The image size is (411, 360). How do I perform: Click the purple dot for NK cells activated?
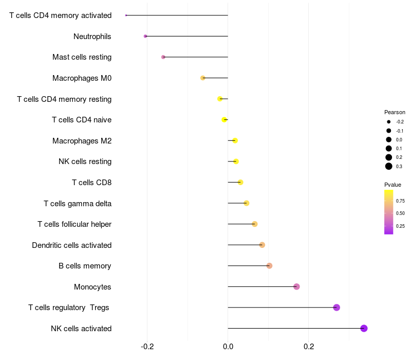(364, 328)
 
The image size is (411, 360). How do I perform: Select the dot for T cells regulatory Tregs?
(337, 308)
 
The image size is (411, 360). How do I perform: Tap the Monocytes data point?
(296, 286)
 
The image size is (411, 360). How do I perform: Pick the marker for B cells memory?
(269, 265)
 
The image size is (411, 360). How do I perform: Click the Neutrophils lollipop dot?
(145, 36)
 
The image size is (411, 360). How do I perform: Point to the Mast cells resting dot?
(163, 57)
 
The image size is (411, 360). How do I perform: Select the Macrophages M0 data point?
(203, 78)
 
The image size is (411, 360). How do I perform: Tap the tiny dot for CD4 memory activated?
(126, 15)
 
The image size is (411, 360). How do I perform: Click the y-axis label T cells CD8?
(91, 182)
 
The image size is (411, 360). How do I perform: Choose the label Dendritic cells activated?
(71, 245)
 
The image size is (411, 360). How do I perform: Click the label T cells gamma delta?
(78, 203)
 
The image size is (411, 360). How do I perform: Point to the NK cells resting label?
(85, 161)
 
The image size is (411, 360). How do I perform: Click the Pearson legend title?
(395, 112)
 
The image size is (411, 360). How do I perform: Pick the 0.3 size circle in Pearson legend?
(389, 166)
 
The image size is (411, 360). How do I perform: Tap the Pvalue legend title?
(393, 185)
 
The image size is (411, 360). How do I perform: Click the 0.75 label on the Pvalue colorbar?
(400, 201)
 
